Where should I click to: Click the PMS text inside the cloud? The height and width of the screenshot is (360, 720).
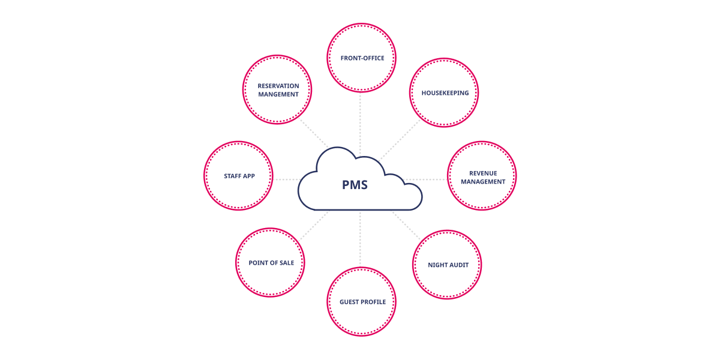coord(355,185)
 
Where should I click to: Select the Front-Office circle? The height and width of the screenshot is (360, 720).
coord(361,58)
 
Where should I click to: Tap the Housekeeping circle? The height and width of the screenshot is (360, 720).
coord(444,93)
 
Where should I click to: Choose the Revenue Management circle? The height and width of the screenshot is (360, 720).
coord(482,177)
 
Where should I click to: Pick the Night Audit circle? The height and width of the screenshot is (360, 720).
coord(448,265)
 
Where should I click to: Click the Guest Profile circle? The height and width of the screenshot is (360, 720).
coord(361,301)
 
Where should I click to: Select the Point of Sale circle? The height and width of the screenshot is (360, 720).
coord(271,263)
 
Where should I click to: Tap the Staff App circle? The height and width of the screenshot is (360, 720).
coord(239,176)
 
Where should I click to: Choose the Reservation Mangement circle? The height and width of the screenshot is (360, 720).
coord(278,90)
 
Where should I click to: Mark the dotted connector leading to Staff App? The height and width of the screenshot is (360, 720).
coord(286,179)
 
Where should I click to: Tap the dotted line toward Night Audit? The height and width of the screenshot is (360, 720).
coord(407,225)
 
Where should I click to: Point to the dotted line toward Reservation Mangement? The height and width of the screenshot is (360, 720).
coord(314,134)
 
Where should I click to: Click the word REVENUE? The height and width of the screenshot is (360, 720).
coord(483,173)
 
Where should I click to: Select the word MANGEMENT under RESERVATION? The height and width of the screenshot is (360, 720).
coord(278,94)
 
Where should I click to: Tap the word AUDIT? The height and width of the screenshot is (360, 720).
coord(458,265)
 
